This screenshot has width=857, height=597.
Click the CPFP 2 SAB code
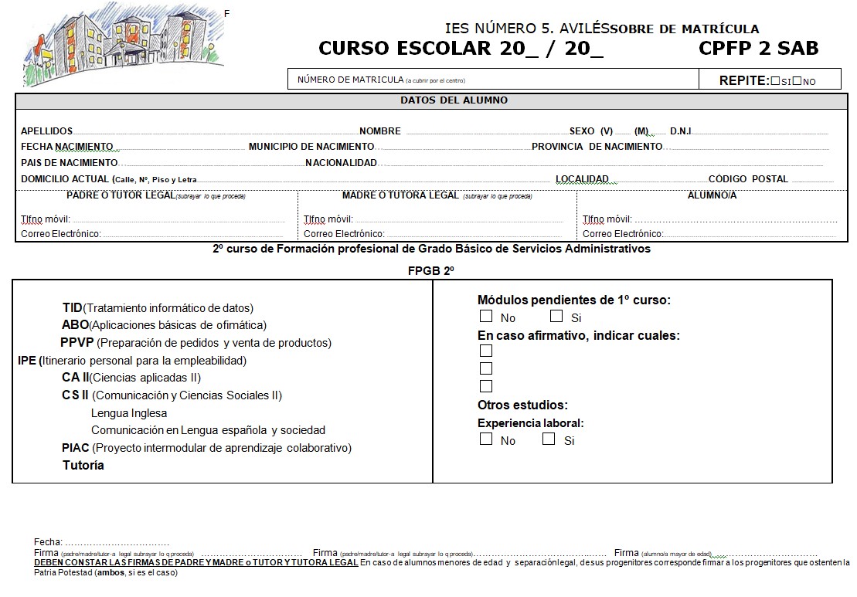[x=758, y=48]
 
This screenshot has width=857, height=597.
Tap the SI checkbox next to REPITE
[x=775, y=80]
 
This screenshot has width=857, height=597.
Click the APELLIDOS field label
[x=46, y=131]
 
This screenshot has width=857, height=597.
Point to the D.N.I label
[x=681, y=131]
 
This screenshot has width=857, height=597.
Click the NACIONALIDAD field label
[x=341, y=163]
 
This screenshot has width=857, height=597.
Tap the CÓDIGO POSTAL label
[x=748, y=179]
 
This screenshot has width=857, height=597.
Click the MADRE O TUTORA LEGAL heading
[x=400, y=195]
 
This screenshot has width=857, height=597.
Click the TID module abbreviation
[x=72, y=308]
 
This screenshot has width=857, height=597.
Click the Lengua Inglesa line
[x=129, y=413]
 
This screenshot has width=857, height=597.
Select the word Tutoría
[x=83, y=466]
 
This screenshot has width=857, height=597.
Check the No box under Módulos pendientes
[x=486, y=316]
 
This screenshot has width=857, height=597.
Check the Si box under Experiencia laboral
[x=549, y=439]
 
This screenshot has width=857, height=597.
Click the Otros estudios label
[x=522, y=405]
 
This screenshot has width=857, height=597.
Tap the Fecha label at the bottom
[x=48, y=543]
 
